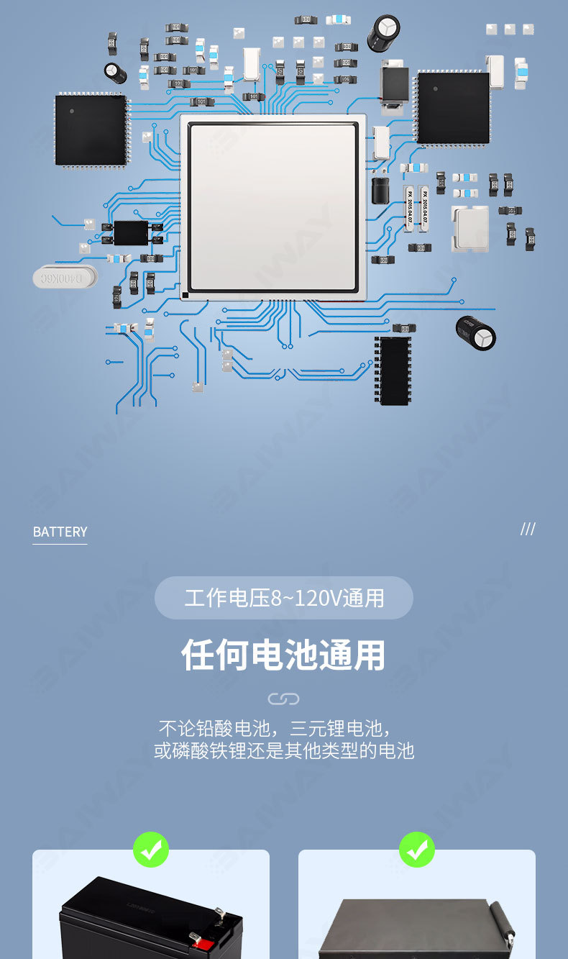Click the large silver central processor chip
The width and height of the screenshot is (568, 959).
[272, 207]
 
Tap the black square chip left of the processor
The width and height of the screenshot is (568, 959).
[91, 130]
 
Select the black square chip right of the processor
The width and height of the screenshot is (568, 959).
[453, 108]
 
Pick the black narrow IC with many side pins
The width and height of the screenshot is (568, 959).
[393, 371]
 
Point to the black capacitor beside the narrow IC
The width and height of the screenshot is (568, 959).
[476, 332]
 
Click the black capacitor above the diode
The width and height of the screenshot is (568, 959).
[383, 33]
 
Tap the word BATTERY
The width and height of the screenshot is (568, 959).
[60, 532]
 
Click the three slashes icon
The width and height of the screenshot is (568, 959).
[528, 530]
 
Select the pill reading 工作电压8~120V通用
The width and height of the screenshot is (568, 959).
[284, 598]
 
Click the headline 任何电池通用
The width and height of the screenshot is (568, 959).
[284, 655]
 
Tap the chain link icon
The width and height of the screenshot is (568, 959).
[283, 699]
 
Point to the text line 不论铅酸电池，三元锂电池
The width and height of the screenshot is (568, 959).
[275, 727]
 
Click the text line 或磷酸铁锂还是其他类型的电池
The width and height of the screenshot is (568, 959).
[284, 750]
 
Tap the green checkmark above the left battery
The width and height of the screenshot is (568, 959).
[151, 850]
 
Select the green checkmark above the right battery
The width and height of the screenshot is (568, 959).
[417, 850]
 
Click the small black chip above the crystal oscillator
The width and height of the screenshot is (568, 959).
[131, 232]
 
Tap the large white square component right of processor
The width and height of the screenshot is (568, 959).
[469, 227]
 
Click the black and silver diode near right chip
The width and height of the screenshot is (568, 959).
[393, 89]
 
